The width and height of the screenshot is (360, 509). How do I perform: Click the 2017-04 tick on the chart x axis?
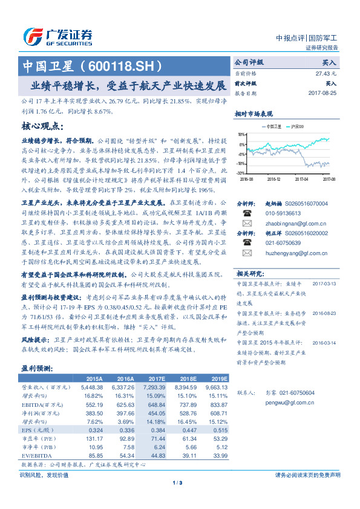click(x=301, y=179)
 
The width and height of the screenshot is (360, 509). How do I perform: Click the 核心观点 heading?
click(x=43, y=126)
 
